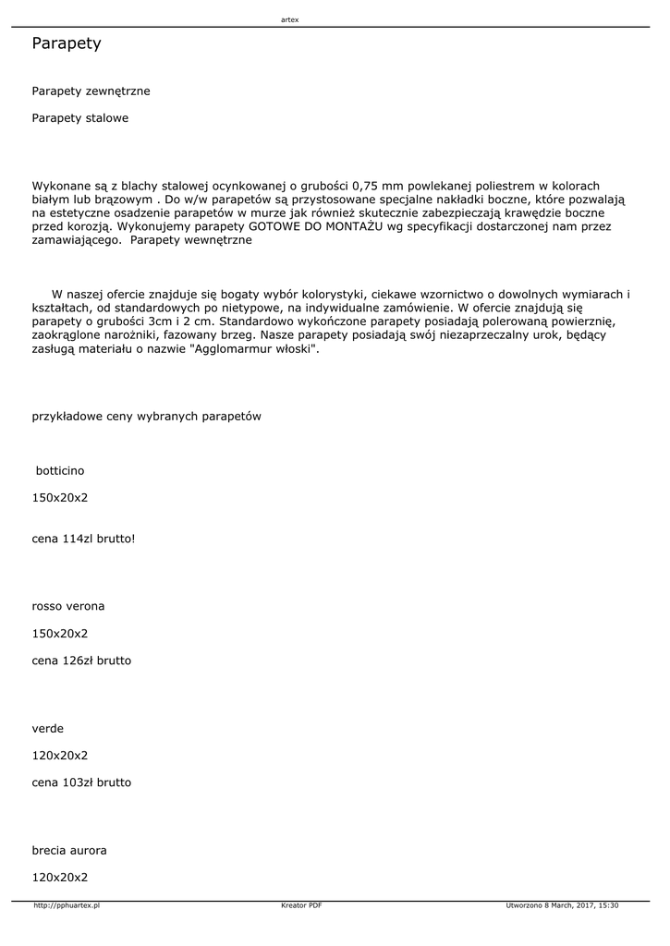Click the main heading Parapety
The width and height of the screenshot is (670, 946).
click(x=67, y=43)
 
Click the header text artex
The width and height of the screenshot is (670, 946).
click(x=289, y=19)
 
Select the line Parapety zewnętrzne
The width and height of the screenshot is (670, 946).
click(x=91, y=91)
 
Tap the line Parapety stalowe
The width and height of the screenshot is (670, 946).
click(x=80, y=118)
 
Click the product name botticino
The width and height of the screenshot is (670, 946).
click(x=60, y=470)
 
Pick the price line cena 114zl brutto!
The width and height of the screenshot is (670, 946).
click(x=83, y=538)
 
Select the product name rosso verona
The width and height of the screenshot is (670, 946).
click(x=68, y=606)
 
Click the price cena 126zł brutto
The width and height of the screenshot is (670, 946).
click(x=81, y=661)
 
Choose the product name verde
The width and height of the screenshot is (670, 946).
click(x=48, y=728)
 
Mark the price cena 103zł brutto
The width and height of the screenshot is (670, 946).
click(x=81, y=782)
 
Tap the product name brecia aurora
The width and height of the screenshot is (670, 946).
click(x=69, y=850)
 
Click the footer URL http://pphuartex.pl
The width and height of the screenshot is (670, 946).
click(x=67, y=905)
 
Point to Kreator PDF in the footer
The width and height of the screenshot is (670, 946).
click(x=301, y=905)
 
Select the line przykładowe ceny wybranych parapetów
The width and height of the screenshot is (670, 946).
click(x=146, y=416)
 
